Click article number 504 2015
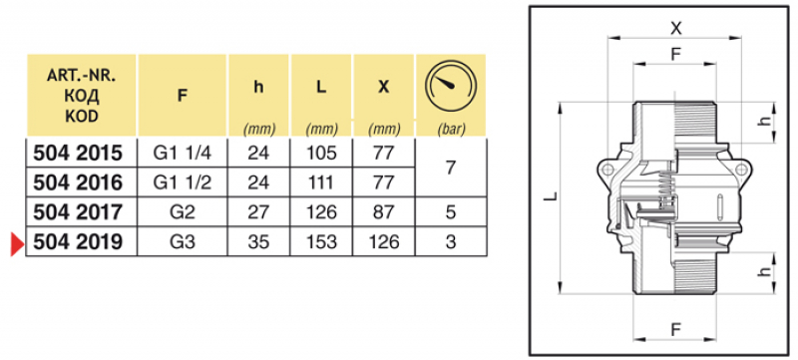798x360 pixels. click(78, 153)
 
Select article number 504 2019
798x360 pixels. click(78, 242)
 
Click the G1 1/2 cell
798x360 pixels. click(183, 182)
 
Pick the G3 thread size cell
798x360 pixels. click(183, 242)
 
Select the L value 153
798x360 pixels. click(321, 242)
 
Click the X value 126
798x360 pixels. click(384, 242)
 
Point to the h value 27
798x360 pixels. click(258, 212)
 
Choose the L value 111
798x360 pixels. click(321, 182)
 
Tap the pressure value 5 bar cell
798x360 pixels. click(451, 212)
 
